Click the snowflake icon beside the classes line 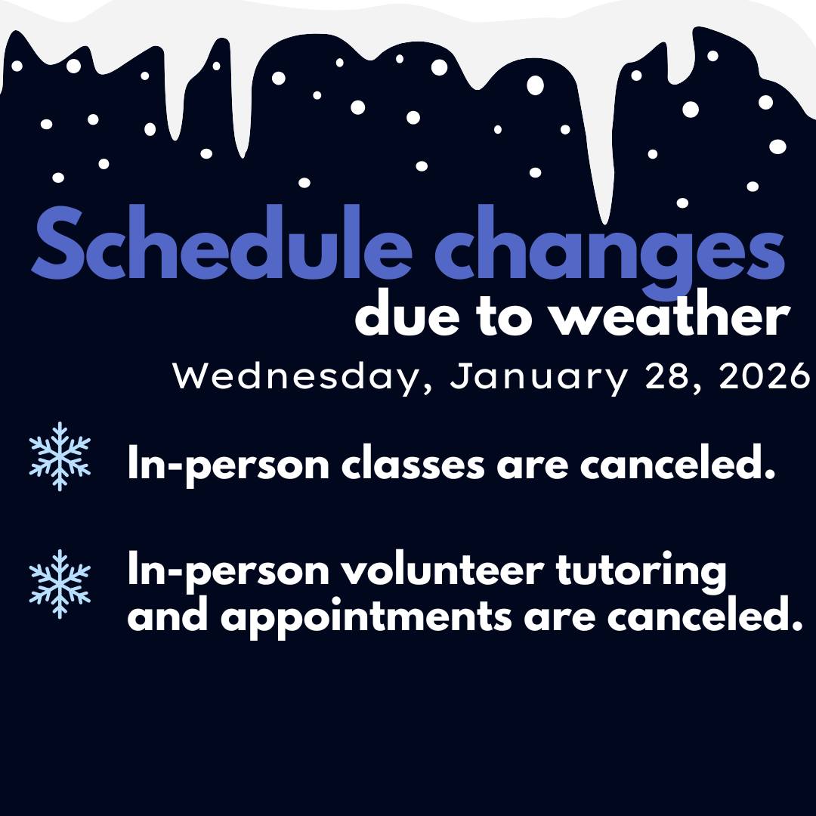point(60,456)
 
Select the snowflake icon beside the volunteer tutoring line point(60,584)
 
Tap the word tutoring point(641,573)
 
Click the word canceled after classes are point(678,462)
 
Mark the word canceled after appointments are point(705,614)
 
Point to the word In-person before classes point(228,465)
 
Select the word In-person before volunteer point(228,572)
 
